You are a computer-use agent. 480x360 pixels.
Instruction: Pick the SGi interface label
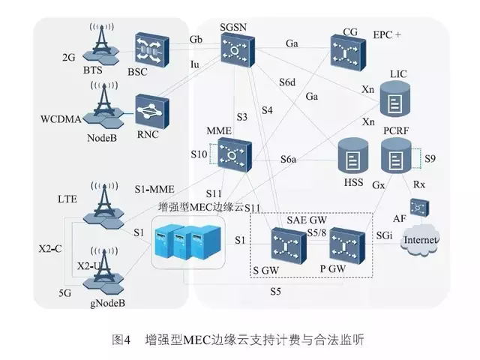pos(383,235)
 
